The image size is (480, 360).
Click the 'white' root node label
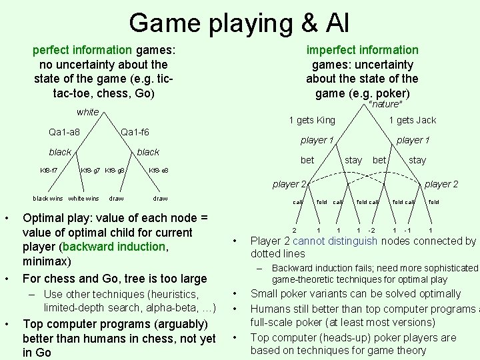click(87, 112)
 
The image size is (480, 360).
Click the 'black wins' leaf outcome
click(48, 198)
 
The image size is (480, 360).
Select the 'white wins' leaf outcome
click(83, 198)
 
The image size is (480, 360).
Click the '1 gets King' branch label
click(312, 120)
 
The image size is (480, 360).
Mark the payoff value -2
click(371, 231)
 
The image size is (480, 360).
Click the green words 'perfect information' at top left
click(83, 49)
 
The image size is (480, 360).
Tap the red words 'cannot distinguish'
click(327, 241)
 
